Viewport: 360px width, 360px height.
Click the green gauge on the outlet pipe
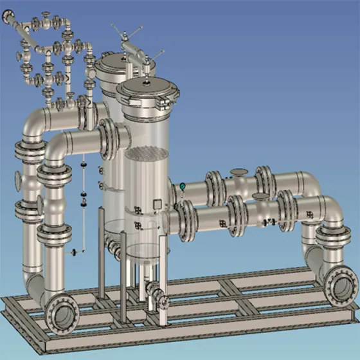coord(183,186)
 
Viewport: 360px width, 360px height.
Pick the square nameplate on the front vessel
coord(156,204)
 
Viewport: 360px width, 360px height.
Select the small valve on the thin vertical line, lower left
coord(75,251)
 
